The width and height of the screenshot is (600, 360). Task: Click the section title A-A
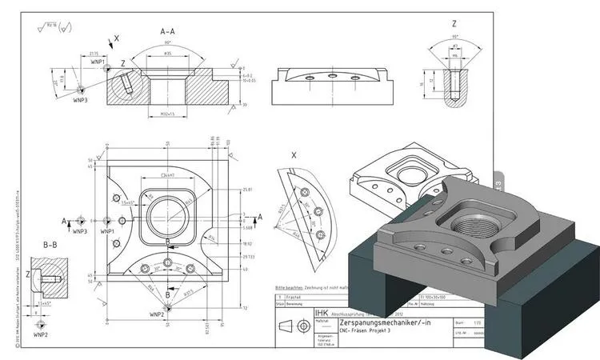click(168, 33)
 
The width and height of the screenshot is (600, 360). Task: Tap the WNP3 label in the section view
click(80, 102)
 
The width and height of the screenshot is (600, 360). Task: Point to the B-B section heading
click(50, 244)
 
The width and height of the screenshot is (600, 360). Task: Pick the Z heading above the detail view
click(453, 25)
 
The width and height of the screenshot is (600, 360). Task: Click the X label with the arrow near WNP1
click(118, 38)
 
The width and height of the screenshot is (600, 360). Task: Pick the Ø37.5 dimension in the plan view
click(191, 293)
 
